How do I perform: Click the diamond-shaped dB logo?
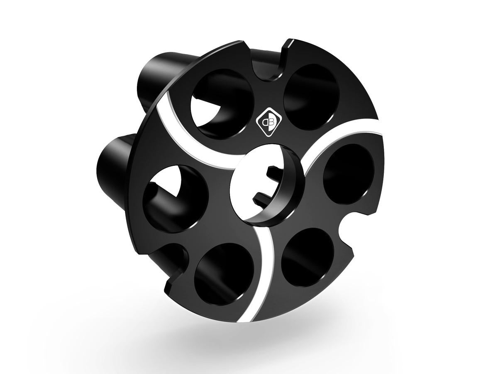click(x=266, y=123)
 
